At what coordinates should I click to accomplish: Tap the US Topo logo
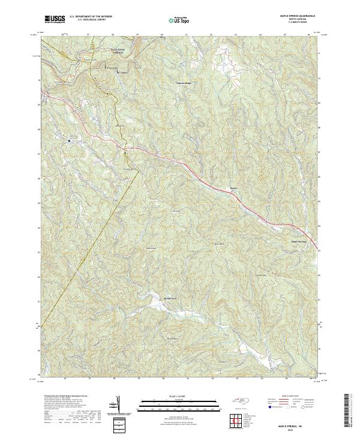coord(179,20)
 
